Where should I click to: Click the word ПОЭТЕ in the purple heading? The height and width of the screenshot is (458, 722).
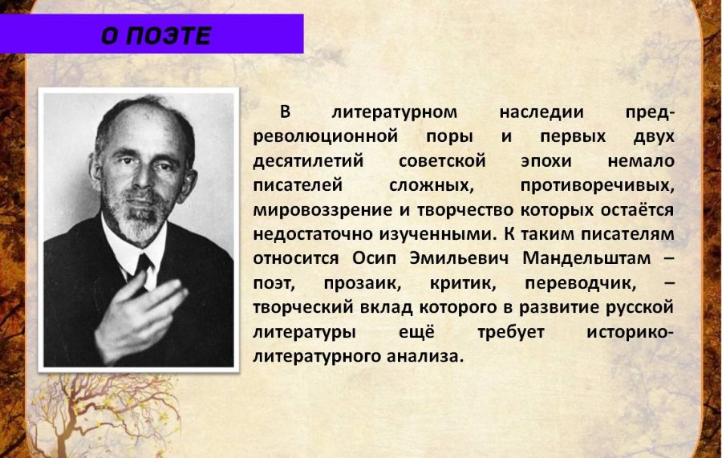(x=168, y=35)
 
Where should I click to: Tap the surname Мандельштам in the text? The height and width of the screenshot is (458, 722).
(x=586, y=258)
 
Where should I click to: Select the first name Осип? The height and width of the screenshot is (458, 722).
(x=374, y=258)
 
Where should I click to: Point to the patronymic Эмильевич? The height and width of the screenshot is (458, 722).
(x=459, y=258)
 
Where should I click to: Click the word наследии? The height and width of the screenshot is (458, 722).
(x=541, y=112)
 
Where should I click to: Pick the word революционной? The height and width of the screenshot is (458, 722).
(x=326, y=136)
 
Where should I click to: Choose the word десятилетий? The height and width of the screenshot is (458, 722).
(x=309, y=161)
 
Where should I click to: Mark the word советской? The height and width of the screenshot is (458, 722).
(x=442, y=161)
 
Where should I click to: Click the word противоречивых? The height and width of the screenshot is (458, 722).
(x=597, y=185)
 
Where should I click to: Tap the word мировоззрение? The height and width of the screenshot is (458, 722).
(x=322, y=210)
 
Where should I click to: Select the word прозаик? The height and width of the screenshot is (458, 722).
(x=363, y=283)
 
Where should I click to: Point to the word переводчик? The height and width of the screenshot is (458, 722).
(x=580, y=283)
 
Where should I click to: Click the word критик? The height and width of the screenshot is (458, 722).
(x=463, y=283)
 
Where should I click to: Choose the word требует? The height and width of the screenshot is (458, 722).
(x=511, y=332)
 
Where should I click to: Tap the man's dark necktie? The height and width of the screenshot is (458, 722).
(x=143, y=267)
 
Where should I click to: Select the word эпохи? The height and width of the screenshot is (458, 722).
(x=546, y=161)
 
